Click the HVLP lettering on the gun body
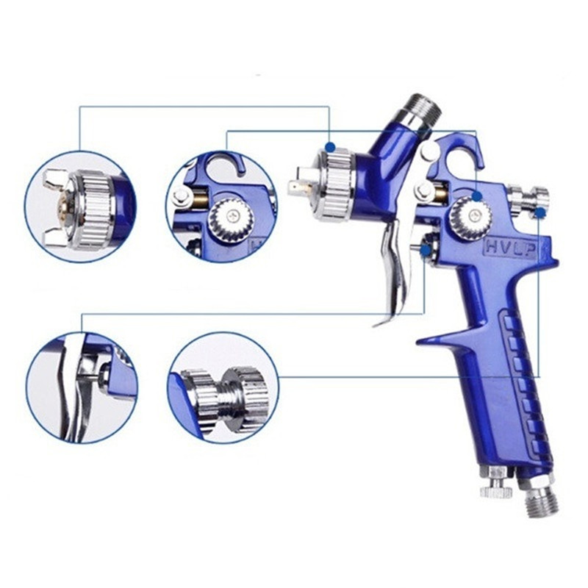[x=511, y=248]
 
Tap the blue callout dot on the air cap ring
[x=330, y=146]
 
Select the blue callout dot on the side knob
[x=477, y=196]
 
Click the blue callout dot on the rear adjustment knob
[x=540, y=213]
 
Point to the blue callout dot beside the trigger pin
[x=426, y=251]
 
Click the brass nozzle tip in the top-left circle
[x=62, y=207]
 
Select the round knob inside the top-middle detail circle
[x=232, y=219]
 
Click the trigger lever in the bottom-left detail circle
[x=71, y=390]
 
